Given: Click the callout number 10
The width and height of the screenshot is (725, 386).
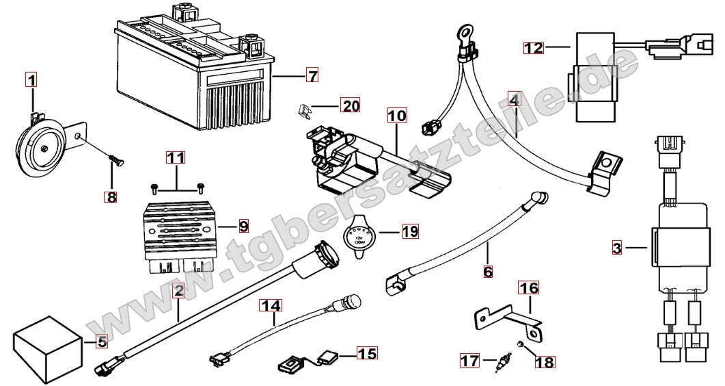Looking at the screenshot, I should pos(396,116).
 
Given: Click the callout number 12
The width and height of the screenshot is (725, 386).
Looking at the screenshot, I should pos(534,48).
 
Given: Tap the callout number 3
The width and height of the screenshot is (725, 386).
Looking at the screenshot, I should pos(616,248).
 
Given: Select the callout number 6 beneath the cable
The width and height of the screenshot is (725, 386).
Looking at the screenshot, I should pos(487,272).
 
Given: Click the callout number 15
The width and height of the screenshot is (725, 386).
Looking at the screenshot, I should pos(366,354).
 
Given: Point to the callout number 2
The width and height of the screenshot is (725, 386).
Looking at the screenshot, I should pos(178,291).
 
